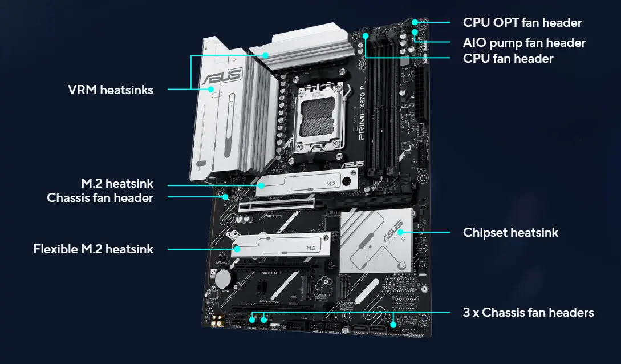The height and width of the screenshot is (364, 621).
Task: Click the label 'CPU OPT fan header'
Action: [x=522, y=23]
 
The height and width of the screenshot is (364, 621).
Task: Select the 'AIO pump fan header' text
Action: [x=524, y=42]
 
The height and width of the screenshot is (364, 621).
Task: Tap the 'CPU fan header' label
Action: [x=508, y=58]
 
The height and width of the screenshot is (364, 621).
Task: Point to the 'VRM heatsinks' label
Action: [x=110, y=90]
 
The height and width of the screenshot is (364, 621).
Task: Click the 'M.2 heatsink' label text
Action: [x=116, y=184]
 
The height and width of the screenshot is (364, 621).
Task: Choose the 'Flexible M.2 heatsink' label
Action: [x=93, y=249]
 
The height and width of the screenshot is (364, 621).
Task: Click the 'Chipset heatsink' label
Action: [x=510, y=232]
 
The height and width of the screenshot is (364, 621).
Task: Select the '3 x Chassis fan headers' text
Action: [x=528, y=312]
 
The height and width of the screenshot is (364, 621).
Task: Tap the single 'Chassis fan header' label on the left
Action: [x=100, y=198]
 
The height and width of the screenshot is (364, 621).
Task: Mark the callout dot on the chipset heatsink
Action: [x=401, y=232]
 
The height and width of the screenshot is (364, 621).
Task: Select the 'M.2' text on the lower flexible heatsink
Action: [x=311, y=248]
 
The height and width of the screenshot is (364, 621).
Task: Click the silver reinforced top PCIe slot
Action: [x=279, y=205]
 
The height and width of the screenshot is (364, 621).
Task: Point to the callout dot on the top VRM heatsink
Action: [x=266, y=55]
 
